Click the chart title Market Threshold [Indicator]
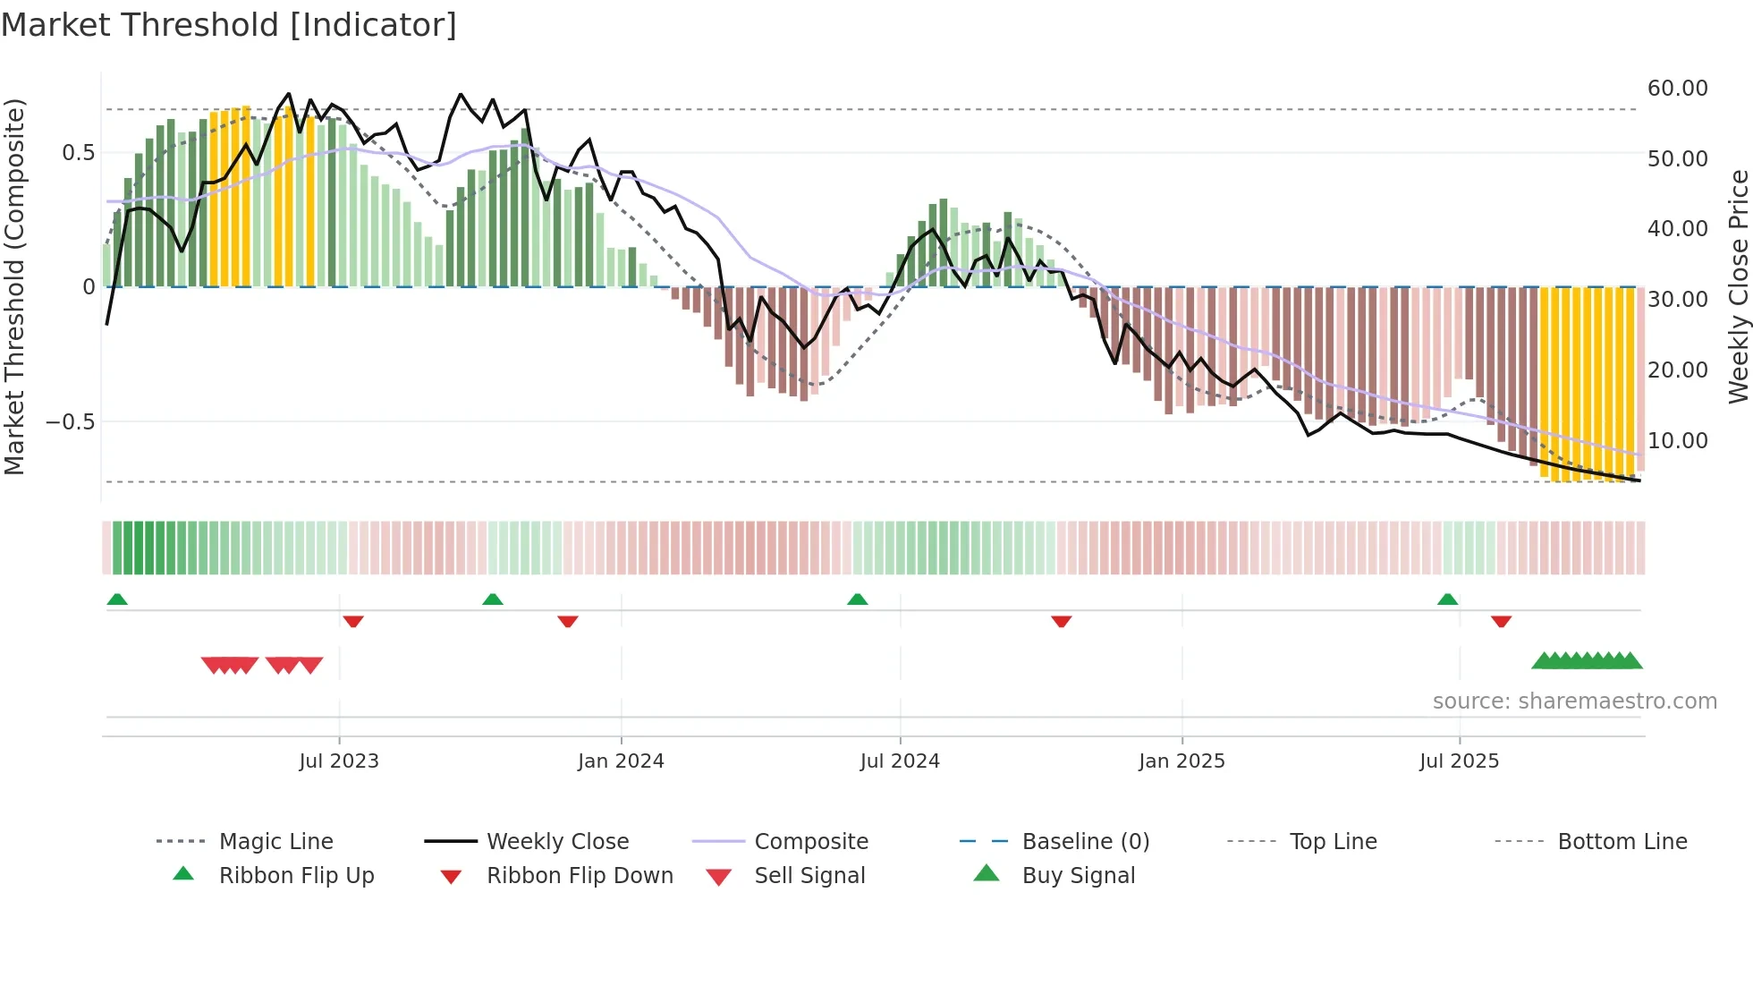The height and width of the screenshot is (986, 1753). click(229, 25)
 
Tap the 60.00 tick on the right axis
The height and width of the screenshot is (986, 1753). click(1677, 89)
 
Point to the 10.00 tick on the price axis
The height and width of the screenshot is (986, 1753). click(1677, 440)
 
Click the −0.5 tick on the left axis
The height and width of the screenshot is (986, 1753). click(70, 421)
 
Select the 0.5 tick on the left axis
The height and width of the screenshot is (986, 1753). click(78, 153)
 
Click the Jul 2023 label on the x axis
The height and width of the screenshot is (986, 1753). click(339, 761)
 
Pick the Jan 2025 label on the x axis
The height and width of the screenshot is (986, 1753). click(1181, 761)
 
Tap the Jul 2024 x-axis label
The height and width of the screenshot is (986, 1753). click(900, 761)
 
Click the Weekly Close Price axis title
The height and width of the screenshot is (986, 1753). click(1738, 286)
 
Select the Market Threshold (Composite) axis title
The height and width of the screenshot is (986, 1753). click(14, 286)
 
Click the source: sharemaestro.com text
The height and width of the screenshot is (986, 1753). click(1574, 701)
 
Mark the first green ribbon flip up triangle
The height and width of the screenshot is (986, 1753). click(117, 599)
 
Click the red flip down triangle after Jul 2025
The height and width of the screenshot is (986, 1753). click(1501, 621)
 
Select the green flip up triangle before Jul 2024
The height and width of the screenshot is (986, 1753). click(857, 599)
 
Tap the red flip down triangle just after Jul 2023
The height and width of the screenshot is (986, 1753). click(353, 621)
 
